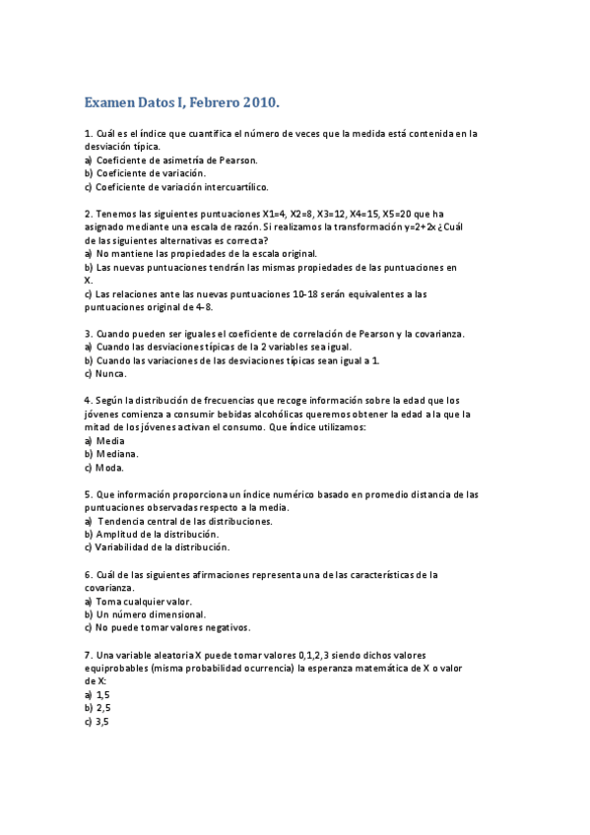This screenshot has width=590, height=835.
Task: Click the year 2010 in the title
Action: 260,101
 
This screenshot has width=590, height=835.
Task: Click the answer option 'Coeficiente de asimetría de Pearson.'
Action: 176,160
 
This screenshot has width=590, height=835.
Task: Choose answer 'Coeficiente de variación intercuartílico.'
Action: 181,186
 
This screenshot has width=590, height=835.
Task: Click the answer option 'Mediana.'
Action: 117,455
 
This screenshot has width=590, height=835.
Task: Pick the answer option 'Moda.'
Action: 110,468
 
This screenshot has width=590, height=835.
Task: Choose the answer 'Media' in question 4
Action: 109,441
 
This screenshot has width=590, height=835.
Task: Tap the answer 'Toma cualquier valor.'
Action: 143,601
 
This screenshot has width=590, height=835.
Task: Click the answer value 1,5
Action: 102,694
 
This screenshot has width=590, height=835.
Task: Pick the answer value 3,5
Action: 102,721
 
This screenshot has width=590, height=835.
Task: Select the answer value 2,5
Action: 102,707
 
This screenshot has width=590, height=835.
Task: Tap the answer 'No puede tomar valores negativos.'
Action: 173,627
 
